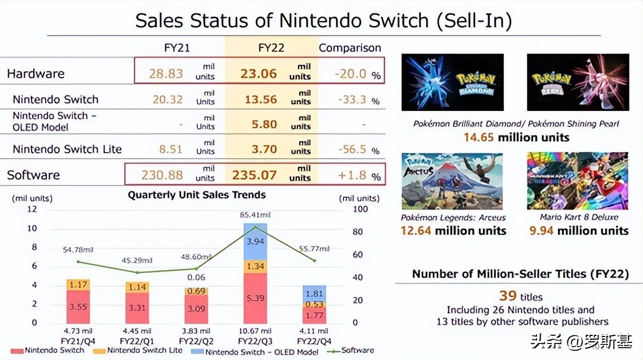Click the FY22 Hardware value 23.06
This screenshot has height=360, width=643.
coord(258,74)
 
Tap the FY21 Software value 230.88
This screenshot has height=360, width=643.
coord(162,175)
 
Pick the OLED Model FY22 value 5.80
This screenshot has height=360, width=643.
coord(264,125)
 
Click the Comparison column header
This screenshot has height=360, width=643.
coord(350,48)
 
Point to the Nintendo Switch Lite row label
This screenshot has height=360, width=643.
coord(67,149)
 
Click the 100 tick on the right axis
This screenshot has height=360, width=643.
coord(360,209)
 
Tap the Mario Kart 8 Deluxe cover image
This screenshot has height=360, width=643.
coord(577,181)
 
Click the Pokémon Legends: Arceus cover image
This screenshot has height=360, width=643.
coord(452,181)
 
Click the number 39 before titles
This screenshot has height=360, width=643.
coord(507,296)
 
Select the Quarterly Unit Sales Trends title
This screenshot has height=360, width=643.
coord(197,195)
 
